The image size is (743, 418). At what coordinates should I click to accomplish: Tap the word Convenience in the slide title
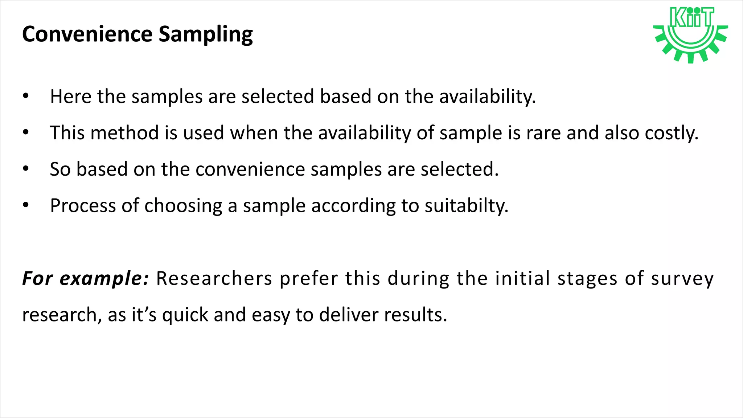tap(87, 34)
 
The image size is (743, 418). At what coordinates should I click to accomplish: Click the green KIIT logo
tap(690, 35)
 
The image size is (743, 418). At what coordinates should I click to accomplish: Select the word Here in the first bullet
tap(70, 97)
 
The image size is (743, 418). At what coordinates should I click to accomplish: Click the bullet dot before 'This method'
tap(25, 132)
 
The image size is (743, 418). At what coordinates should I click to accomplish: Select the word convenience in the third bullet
tap(250, 169)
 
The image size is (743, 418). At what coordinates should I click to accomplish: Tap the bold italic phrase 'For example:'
tap(86, 279)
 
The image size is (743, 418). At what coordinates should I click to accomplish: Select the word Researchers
tap(214, 279)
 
